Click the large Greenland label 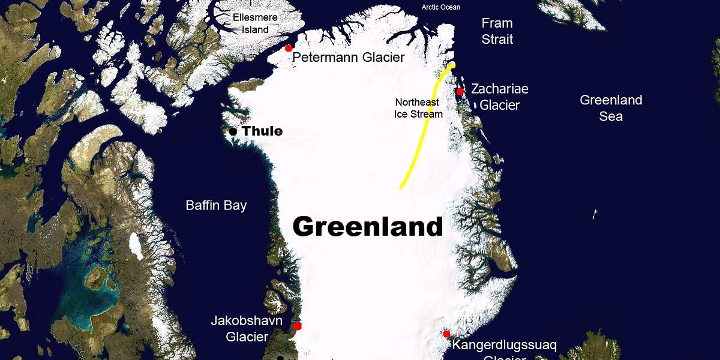tap(367, 227)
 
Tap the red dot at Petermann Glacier tap(289, 48)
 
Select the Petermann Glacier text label tap(349, 58)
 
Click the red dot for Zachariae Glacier tap(460, 92)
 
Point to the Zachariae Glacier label tap(499, 97)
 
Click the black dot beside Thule tap(233, 131)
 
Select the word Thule tap(262, 131)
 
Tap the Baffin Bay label tap(216, 206)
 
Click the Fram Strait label tap(497, 31)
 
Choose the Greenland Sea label tap(611, 108)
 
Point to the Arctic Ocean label tap(441, 7)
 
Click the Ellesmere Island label tap(255, 23)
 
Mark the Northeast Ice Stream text tap(418, 108)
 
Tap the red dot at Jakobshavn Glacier tap(298, 326)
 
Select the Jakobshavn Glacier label tap(247, 329)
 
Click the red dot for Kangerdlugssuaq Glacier tap(446, 334)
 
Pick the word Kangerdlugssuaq tap(504, 346)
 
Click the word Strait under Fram tap(497, 40)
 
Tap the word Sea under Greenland tap(611, 116)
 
